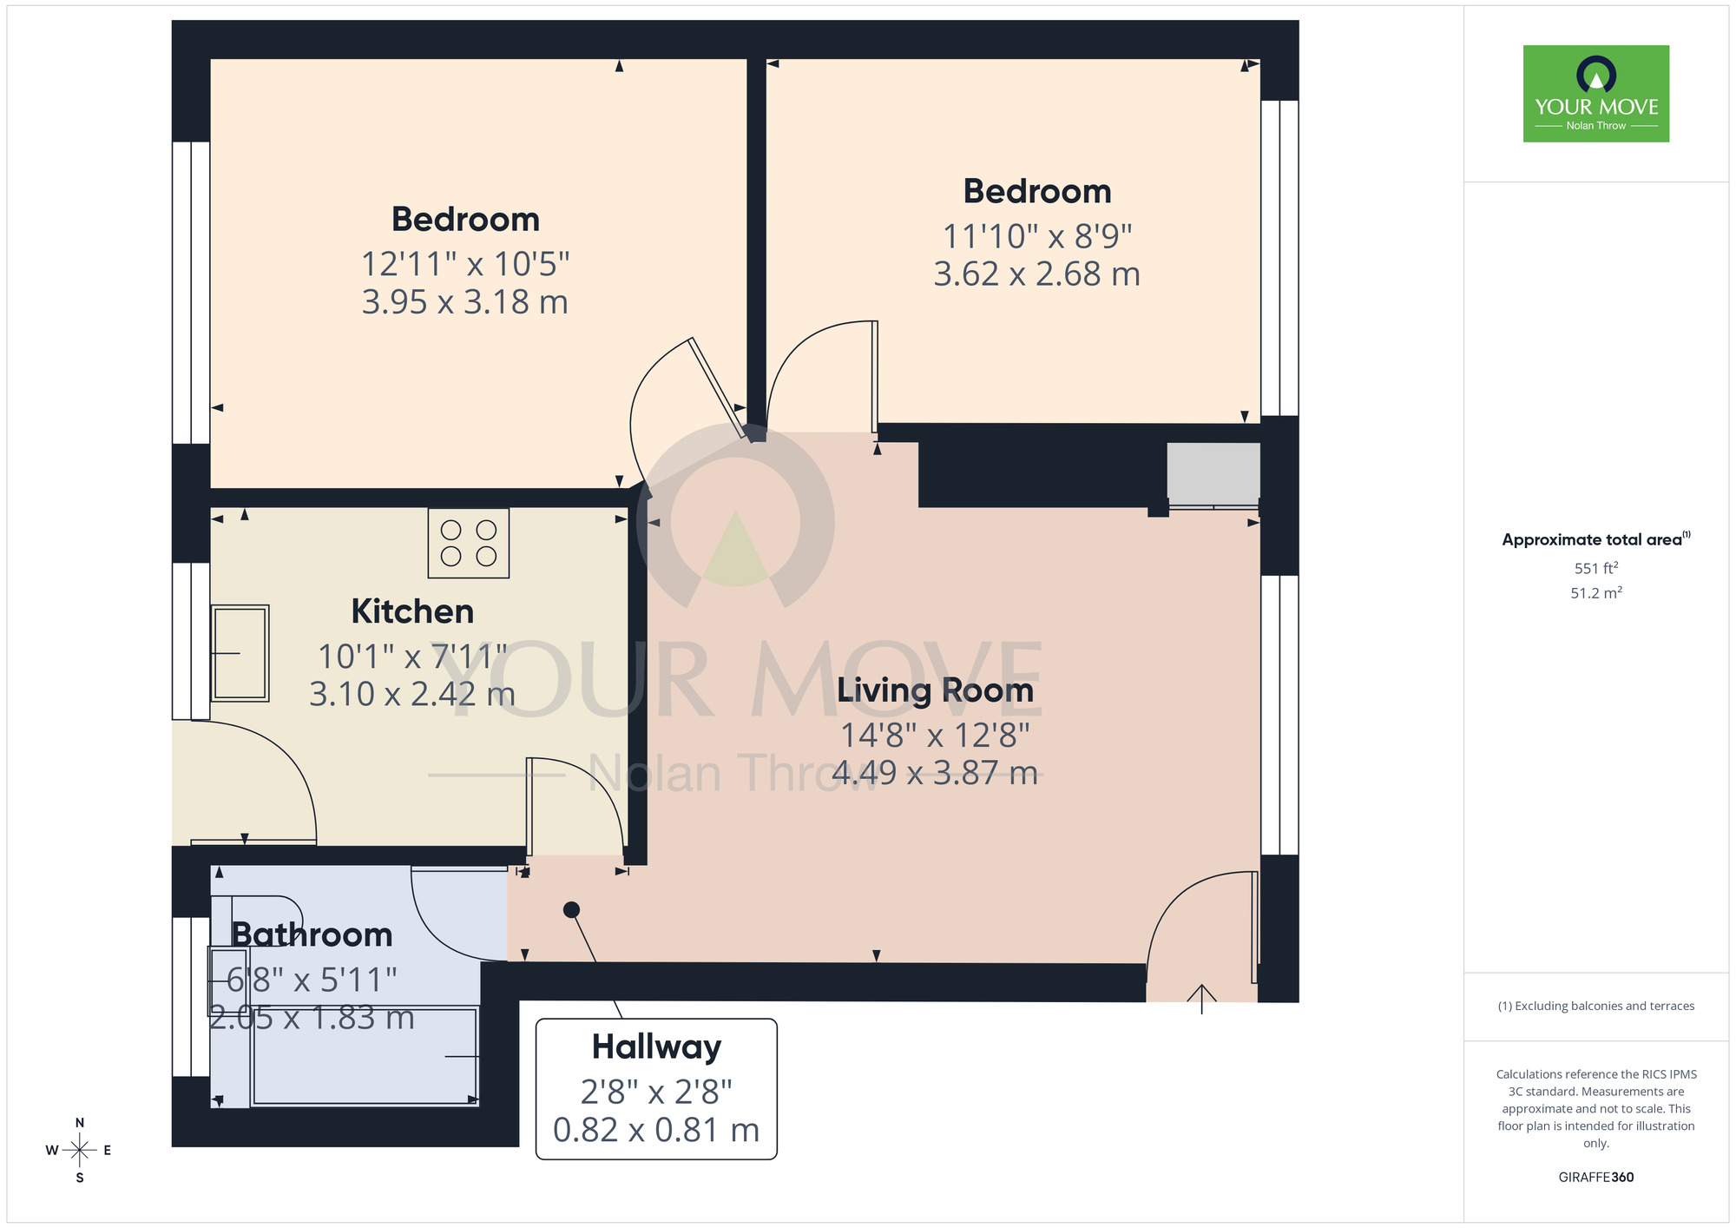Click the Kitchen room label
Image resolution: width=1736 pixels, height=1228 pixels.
412,611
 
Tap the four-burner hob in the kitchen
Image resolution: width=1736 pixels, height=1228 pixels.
469,544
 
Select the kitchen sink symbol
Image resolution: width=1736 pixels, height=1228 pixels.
240,653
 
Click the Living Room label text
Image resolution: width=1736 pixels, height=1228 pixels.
935,690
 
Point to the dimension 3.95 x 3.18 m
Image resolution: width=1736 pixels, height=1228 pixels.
464,302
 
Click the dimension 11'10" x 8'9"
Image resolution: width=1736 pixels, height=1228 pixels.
1036,236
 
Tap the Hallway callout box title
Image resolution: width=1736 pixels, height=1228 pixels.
656,1046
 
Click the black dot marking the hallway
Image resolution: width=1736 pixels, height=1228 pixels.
571,909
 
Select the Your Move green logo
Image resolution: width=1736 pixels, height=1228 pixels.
1595,94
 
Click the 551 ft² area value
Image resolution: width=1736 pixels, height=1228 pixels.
1595,568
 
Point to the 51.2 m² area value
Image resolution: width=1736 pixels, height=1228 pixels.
1595,593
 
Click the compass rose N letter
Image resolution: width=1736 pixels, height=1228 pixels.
80,1123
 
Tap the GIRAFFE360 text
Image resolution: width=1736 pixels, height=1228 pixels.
1595,1178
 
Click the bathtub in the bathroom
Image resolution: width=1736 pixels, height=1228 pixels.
365,1056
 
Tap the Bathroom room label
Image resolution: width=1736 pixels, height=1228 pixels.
312,935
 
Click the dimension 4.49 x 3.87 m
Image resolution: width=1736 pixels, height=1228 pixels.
935,773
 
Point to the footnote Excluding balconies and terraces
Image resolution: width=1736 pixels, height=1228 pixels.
1595,1006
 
